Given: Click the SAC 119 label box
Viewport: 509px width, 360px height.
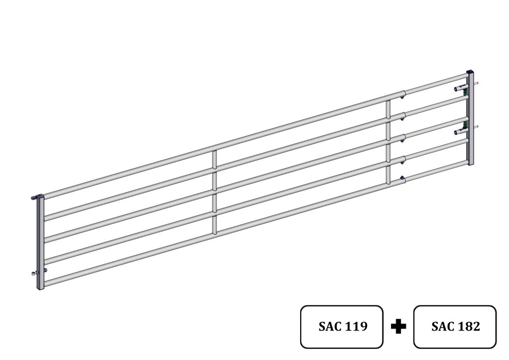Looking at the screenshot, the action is click(x=341, y=327).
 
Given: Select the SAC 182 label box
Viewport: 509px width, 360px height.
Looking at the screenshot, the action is click(x=455, y=327).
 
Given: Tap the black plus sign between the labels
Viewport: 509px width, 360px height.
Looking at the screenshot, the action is click(x=398, y=326).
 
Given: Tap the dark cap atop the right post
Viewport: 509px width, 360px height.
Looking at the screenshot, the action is click(x=470, y=72).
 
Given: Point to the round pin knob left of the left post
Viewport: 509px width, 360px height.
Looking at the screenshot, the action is click(x=33, y=273).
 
